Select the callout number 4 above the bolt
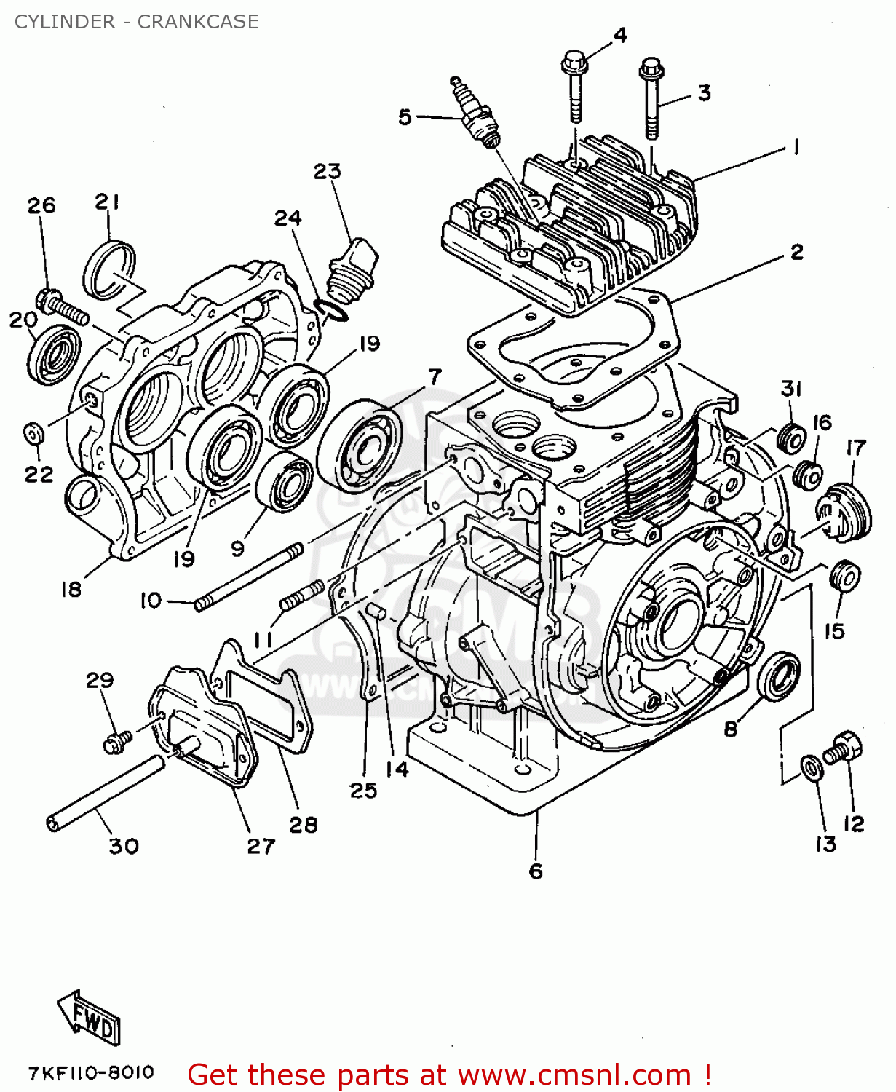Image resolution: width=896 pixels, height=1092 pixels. pos(619,35)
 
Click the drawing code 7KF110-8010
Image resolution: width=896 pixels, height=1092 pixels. pos(92,1072)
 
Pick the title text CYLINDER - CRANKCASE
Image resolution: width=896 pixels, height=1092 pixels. pos(137,22)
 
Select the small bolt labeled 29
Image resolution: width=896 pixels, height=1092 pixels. pos(117,741)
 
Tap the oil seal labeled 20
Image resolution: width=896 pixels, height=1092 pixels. pos(55,354)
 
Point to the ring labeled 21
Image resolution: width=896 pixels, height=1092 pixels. pos(109,269)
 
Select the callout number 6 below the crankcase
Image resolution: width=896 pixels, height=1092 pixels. pos(536,871)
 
